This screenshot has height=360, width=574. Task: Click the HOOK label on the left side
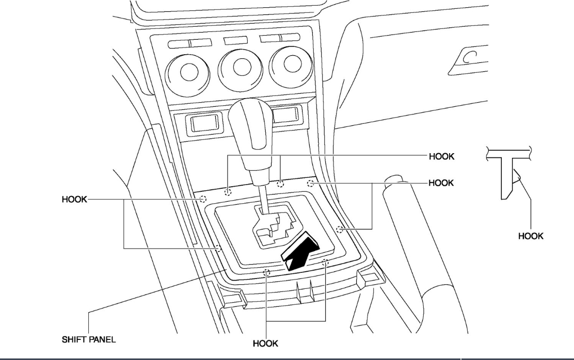coord(75,199)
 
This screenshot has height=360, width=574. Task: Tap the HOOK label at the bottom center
coord(265,343)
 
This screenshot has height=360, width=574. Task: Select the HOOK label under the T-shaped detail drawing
coord(531,236)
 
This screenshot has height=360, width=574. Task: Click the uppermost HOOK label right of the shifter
coord(441,156)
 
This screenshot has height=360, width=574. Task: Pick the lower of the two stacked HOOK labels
coord(441,183)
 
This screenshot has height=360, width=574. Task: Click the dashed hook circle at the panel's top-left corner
coord(203,199)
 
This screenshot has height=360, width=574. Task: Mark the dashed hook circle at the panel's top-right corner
coord(311,183)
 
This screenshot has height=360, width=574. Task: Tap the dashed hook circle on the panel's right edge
coord(339,228)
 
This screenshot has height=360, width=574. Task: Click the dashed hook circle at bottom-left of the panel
coord(267,272)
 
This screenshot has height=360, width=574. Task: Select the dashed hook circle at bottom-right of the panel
coord(326,263)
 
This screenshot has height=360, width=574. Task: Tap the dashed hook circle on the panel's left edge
coord(218,248)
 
